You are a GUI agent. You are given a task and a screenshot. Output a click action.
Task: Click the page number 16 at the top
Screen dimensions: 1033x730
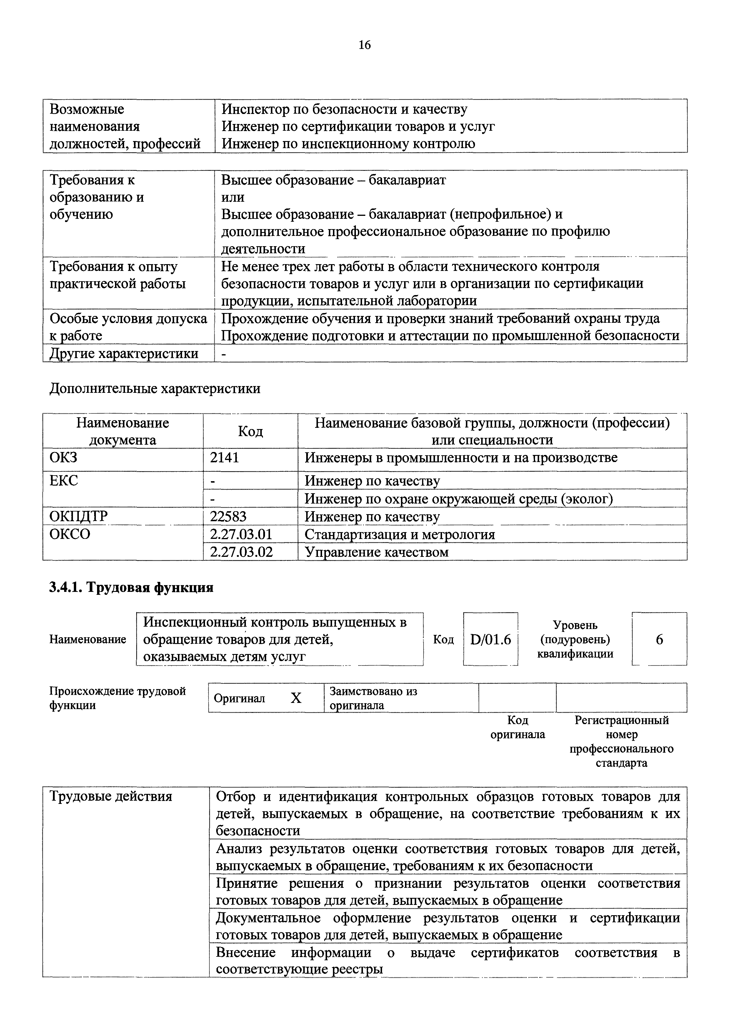364,45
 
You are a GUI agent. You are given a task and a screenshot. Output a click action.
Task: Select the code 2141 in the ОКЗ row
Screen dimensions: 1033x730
224,458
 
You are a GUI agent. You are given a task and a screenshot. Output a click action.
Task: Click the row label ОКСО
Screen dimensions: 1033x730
70,534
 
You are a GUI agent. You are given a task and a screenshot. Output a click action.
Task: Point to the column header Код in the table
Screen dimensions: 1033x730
250,431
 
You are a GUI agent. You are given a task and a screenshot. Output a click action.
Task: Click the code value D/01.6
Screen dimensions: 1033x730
490,639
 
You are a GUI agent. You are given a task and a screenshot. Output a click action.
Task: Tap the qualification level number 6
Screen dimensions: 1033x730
659,639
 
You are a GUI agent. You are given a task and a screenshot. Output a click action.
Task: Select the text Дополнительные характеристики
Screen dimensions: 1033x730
155,388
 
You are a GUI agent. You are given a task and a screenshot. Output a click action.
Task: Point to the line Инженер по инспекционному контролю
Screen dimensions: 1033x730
348,144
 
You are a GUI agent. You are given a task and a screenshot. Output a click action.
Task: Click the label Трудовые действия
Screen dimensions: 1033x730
111,796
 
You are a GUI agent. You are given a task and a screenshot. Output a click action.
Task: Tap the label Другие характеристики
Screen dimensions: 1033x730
124,353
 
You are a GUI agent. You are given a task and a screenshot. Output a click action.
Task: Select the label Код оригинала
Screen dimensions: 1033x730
517,728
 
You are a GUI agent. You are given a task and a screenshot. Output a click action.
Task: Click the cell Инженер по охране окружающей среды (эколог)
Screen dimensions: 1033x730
459,499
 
